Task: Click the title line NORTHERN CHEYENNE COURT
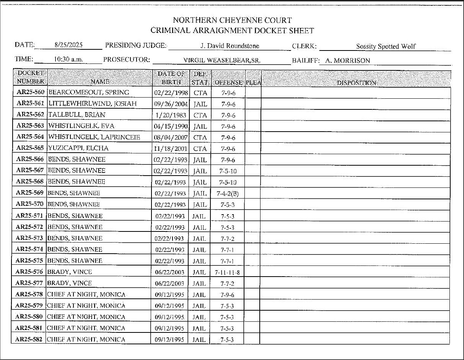(232, 20)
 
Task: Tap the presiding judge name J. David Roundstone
(230, 46)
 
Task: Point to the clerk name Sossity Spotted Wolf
(386, 47)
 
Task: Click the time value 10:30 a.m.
(69, 60)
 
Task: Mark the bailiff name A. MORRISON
(347, 60)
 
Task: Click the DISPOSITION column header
(356, 83)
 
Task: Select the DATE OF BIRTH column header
(171, 78)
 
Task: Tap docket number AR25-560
(31, 92)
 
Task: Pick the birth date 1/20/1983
(171, 115)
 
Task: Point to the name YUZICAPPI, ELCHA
(78, 148)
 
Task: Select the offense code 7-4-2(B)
(228, 193)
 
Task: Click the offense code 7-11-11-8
(228, 272)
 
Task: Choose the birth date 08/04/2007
(171, 137)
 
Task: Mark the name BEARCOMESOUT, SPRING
(89, 92)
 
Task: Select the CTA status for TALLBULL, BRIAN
(200, 115)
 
